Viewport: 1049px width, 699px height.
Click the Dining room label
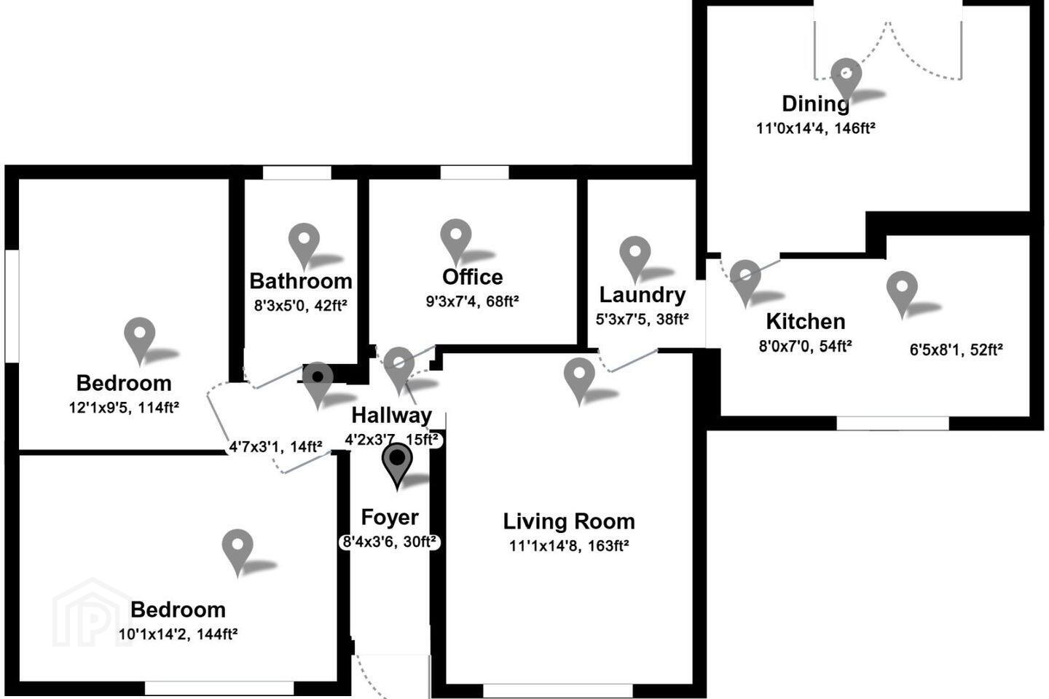point(815,103)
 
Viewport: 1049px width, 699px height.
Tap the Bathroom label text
point(301,281)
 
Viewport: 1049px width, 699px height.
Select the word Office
point(473,277)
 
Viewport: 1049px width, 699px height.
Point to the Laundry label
point(642,296)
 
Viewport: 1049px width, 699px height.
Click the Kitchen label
point(806,321)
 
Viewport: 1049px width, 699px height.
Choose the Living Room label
point(569,521)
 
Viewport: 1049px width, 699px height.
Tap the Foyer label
point(390,518)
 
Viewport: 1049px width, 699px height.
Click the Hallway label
point(391,415)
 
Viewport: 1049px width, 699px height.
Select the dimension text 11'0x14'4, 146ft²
point(816,128)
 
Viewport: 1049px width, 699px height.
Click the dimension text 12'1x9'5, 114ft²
point(124,407)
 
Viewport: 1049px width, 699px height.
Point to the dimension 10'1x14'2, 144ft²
point(178,634)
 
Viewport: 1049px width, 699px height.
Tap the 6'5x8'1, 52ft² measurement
point(956,349)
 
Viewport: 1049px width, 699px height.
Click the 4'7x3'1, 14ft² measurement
point(275,446)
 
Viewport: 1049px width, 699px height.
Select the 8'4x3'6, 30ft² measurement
point(390,542)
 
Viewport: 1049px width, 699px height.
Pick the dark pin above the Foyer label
point(397,466)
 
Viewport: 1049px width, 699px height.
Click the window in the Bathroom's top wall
point(297,173)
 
